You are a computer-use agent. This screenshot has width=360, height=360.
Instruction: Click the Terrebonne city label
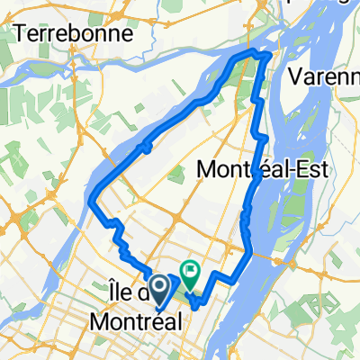74,34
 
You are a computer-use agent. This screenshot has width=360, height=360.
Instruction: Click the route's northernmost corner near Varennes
267,56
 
